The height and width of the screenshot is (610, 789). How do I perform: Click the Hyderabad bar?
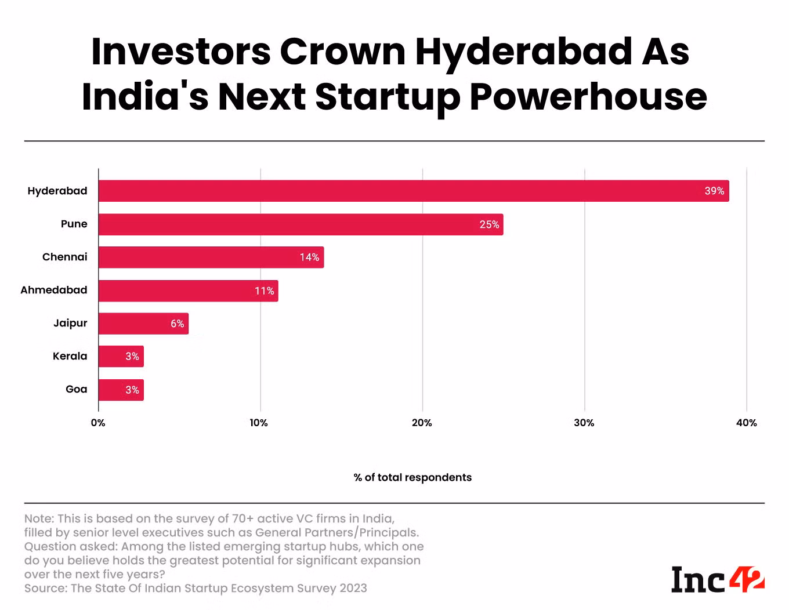(x=414, y=191)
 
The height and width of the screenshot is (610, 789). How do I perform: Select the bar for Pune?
(x=301, y=224)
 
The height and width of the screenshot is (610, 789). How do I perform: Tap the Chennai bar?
(x=211, y=257)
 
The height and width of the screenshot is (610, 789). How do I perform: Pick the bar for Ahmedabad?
(x=188, y=291)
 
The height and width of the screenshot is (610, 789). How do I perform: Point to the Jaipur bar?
(x=143, y=324)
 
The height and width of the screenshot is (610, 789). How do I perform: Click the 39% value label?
(x=714, y=191)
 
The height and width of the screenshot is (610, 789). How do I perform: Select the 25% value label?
(x=489, y=224)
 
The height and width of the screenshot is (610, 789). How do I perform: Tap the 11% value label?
(x=265, y=291)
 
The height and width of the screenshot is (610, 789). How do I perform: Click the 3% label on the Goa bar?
(x=132, y=390)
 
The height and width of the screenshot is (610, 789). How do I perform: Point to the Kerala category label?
(x=70, y=356)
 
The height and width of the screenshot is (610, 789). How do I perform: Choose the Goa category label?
(x=76, y=389)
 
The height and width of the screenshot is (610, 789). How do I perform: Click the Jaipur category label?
(x=70, y=324)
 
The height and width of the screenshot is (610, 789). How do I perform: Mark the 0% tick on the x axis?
(x=98, y=423)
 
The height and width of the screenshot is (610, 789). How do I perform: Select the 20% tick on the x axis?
(x=422, y=423)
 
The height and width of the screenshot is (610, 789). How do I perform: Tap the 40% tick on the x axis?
(x=747, y=423)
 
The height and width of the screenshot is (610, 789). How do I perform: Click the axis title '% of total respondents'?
(x=412, y=477)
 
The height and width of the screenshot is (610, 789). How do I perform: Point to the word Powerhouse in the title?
(x=589, y=97)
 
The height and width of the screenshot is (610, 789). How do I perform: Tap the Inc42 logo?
(x=718, y=579)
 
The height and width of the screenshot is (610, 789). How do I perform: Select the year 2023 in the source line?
(x=353, y=588)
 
